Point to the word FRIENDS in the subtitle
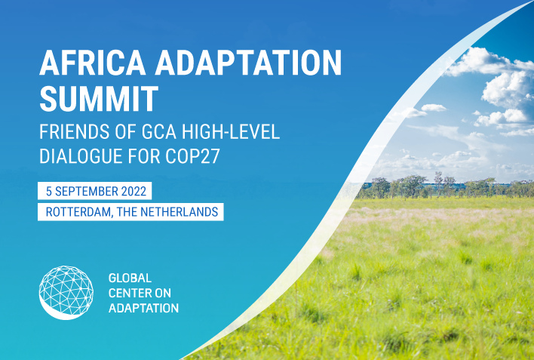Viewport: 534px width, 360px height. point(72,134)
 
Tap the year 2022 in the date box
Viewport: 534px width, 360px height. point(133,190)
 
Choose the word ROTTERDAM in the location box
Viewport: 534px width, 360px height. point(80,212)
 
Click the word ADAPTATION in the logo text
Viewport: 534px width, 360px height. point(143,307)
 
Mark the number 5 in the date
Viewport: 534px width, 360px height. point(48,190)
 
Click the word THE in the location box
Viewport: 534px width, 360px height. point(133,212)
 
